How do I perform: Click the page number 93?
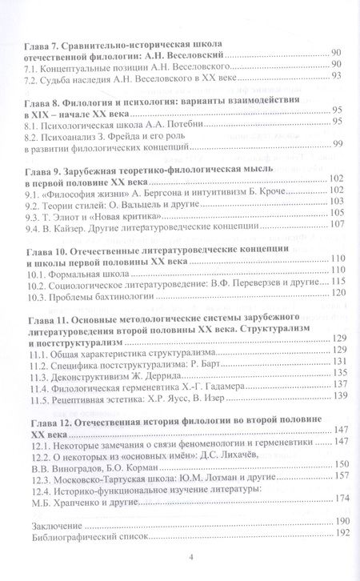(x=337, y=76)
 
